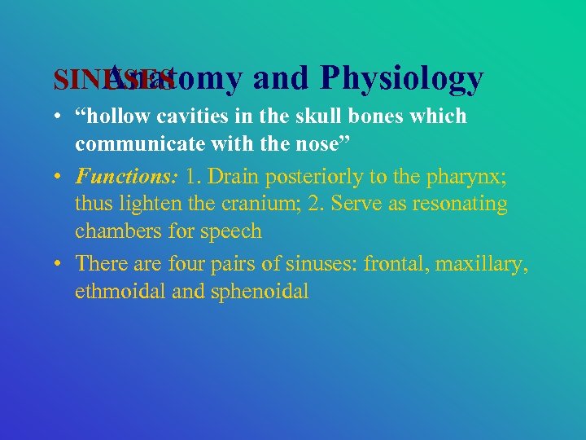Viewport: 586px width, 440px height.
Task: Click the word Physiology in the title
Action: [402, 77]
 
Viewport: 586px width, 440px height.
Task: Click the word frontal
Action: [397, 263]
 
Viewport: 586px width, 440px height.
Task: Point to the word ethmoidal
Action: [120, 292]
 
